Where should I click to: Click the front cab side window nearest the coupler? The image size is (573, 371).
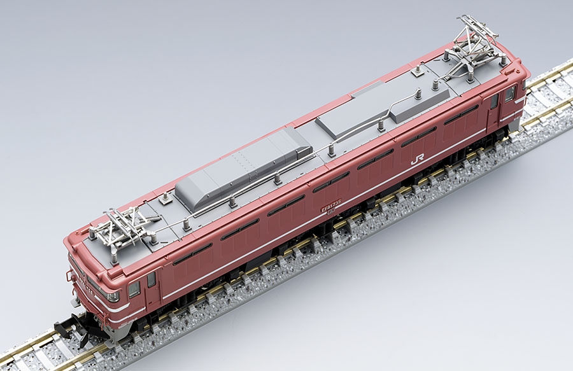tap(134, 290)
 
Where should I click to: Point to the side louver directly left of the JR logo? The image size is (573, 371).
tap(376, 159)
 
